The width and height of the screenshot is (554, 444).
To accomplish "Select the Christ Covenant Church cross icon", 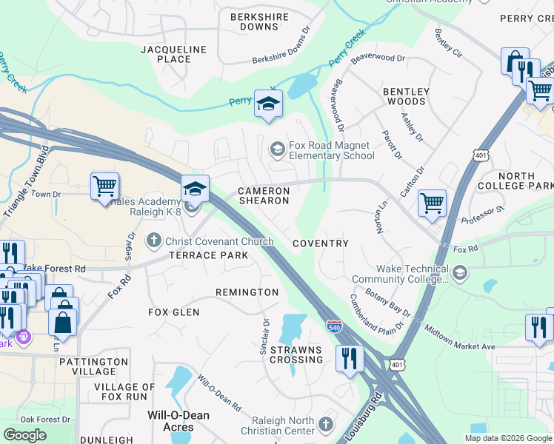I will [154, 240].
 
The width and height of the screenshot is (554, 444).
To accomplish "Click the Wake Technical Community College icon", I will [459, 275].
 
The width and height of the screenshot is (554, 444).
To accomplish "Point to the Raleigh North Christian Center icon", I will [328, 426].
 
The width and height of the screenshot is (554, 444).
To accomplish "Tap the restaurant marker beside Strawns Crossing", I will [350, 359].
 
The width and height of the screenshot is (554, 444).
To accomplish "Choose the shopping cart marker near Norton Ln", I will [431, 202].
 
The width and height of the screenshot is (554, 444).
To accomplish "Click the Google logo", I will [25, 435].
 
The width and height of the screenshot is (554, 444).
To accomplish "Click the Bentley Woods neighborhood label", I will [405, 96].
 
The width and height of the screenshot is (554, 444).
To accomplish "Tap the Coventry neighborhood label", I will [321, 243].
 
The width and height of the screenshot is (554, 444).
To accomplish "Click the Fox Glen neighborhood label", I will [174, 312].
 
